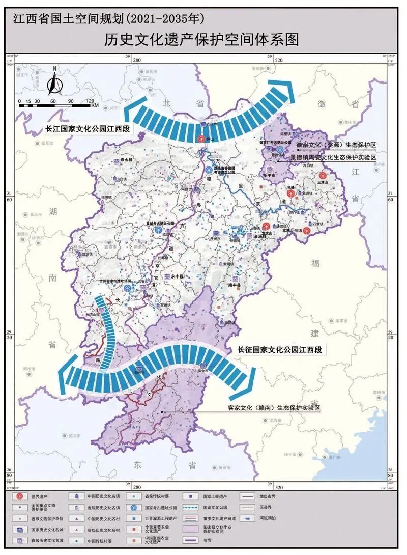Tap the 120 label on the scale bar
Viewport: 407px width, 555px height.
tap(90, 101)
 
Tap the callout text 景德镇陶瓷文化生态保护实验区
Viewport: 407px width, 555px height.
tap(333, 158)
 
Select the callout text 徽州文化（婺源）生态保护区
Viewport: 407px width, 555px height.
tap(336, 145)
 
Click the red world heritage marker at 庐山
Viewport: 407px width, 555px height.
tap(201, 138)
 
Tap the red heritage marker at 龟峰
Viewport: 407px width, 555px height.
tap(290, 193)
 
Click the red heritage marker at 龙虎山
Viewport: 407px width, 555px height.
tap(266, 226)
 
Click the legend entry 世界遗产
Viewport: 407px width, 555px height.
tap(41, 495)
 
